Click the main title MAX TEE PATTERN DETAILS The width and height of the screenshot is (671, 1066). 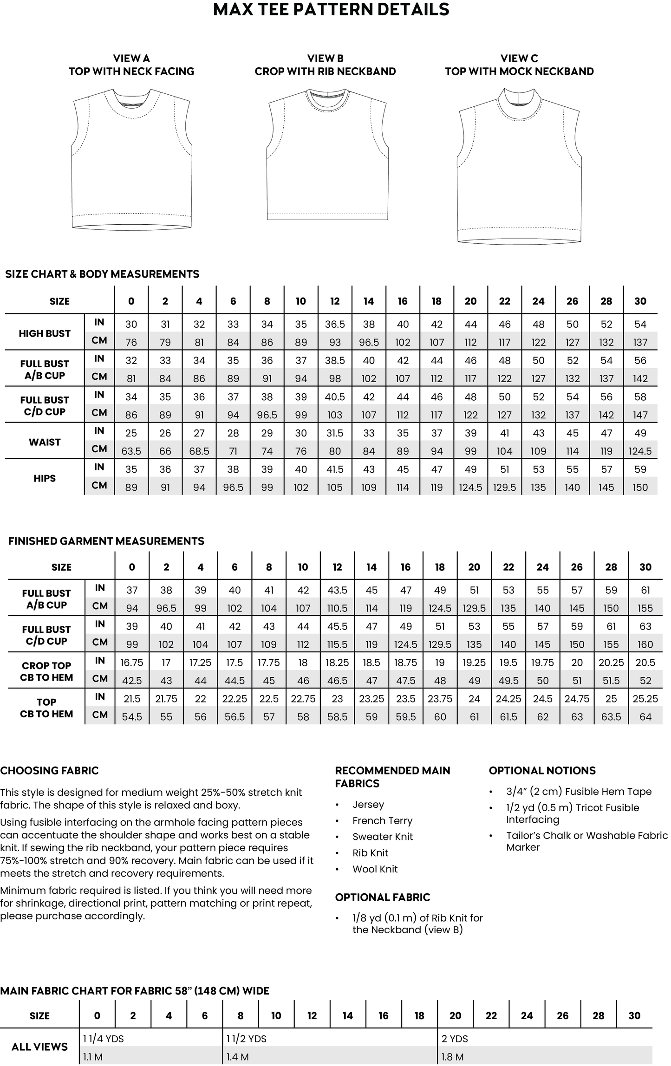click(331, 10)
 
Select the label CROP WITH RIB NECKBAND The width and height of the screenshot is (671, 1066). click(325, 71)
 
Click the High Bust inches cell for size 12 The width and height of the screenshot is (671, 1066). click(335, 324)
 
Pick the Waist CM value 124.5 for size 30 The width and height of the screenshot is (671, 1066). click(640, 451)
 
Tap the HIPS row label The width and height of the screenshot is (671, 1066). click(45, 478)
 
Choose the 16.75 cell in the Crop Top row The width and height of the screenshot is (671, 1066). click(132, 663)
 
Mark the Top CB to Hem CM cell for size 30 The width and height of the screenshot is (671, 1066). click(645, 717)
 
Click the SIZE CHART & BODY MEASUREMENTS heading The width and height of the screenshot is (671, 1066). click(102, 274)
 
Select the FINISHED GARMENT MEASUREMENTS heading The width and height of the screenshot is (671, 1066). click(106, 541)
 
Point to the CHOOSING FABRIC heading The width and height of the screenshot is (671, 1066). click(50, 771)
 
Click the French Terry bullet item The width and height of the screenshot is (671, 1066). click(382, 821)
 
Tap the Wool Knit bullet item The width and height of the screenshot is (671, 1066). click(375, 869)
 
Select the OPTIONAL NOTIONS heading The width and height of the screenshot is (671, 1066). click(542, 771)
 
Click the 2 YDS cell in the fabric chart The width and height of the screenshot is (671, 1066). click(455, 1039)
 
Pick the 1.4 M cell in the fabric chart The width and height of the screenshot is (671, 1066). click(238, 1057)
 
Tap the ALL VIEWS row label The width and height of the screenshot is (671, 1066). click(39, 1047)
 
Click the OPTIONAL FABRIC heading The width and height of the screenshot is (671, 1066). click(383, 897)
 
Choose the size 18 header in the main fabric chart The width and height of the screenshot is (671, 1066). click(419, 1015)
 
